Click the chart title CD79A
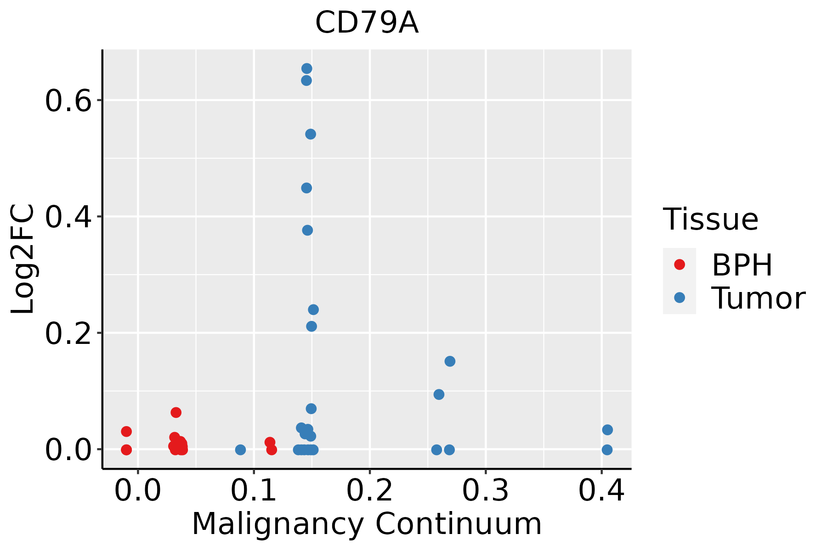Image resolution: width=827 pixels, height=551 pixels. pyautogui.click(x=367, y=23)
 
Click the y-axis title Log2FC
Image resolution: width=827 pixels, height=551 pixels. pyautogui.click(x=23, y=259)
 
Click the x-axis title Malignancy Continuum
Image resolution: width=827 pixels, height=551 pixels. pyautogui.click(x=367, y=524)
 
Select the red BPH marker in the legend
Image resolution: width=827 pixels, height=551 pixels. pyautogui.click(x=679, y=264)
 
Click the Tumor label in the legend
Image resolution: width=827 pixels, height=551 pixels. pyautogui.click(x=759, y=298)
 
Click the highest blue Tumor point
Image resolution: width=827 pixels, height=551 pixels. pyautogui.click(x=307, y=69)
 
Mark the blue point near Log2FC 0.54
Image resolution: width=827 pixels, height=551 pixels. pyautogui.click(x=311, y=134)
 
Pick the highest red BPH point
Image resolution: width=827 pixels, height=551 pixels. pyautogui.click(x=176, y=412)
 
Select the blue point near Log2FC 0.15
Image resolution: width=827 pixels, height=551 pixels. pyautogui.click(x=450, y=361)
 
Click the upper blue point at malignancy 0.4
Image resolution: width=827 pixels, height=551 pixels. pyautogui.click(x=607, y=430)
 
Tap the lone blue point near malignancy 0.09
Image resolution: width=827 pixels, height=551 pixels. pyautogui.click(x=240, y=450)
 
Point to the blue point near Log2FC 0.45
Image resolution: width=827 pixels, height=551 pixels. pyautogui.click(x=306, y=188)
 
